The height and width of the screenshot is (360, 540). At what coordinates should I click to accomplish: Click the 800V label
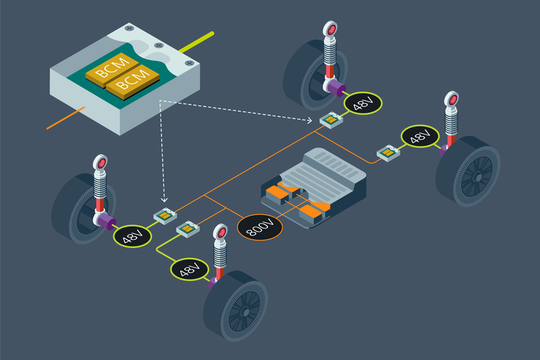(x=260, y=227)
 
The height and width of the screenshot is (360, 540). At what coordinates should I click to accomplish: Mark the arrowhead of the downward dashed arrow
(x=163, y=201)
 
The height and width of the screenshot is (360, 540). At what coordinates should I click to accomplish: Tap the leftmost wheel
(x=78, y=208)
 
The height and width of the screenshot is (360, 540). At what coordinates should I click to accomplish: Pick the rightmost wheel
(x=467, y=170)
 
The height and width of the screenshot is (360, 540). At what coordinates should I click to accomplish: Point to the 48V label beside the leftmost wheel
(x=132, y=235)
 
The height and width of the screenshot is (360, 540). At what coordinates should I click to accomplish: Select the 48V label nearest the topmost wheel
(x=363, y=103)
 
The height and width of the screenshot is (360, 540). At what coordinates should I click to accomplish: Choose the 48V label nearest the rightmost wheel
(x=420, y=136)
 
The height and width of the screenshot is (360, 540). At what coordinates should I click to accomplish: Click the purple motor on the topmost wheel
(x=338, y=89)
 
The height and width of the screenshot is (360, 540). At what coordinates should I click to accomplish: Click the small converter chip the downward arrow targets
(x=165, y=215)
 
